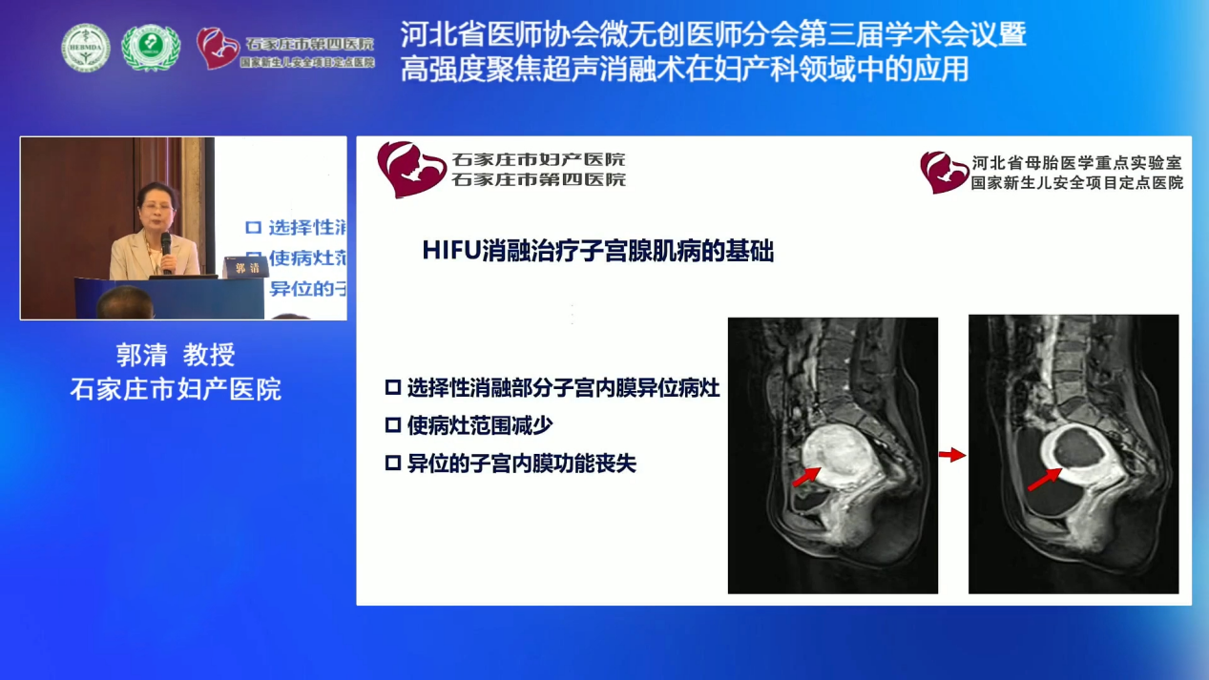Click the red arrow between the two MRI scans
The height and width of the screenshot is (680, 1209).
click(x=952, y=456)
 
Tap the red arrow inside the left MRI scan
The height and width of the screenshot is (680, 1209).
click(x=805, y=475)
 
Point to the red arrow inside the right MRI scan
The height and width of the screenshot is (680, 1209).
click(x=1043, y=479)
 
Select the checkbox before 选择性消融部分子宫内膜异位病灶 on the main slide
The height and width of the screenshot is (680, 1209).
click(x=392, y=388)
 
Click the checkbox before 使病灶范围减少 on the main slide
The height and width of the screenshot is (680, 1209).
click(x=392, y=426)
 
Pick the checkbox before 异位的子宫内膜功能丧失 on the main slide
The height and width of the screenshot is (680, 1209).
click(x=392, y=464)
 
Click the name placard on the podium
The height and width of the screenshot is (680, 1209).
click(x=245, y=268)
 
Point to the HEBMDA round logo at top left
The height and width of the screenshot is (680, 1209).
click(x=86, y=47)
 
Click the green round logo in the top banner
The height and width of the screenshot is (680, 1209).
click(x=150, y=47)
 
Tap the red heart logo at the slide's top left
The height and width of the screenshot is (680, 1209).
click(x=410, y=168)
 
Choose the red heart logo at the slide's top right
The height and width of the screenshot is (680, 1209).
click(x=944, y=172)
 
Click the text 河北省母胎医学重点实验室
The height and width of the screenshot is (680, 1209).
click(x=1076, y=163)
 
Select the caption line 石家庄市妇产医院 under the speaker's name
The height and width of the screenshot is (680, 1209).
click(x=176, y=389)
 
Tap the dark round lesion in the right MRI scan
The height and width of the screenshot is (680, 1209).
click(x=1078, y=446)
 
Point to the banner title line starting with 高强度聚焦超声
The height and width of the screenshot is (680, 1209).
click(x=684, y=69)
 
